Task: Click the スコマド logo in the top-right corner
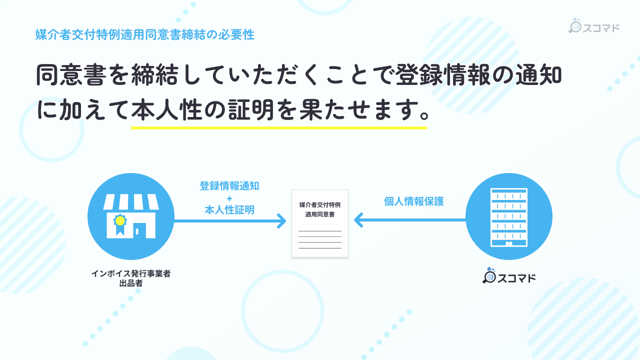[x=594, y=27]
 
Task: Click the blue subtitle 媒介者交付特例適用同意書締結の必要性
[x=145, y=35]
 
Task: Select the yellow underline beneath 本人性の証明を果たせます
[x=278, y=127]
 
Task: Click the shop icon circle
[x=131, y=216]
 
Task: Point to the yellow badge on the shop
[x=119, y=220]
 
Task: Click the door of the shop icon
[x=139, y=229]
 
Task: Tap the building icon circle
[x=508, y=216]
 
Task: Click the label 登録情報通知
[x=229, y=186]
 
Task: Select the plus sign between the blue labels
[x=229, y=198]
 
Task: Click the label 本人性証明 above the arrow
[x=229, y=210]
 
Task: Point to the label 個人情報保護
[x=414, y=201]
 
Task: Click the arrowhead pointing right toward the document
[x=282, y=220]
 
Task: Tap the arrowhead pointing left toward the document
[x=358, y=220]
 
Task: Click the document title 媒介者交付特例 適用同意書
[x=320, y=209]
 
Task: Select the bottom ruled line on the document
[x=320, y=248]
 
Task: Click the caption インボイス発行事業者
[x=131, y=274]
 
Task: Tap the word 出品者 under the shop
[x=131, y=284]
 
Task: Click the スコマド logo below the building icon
[x=509, y=277]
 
